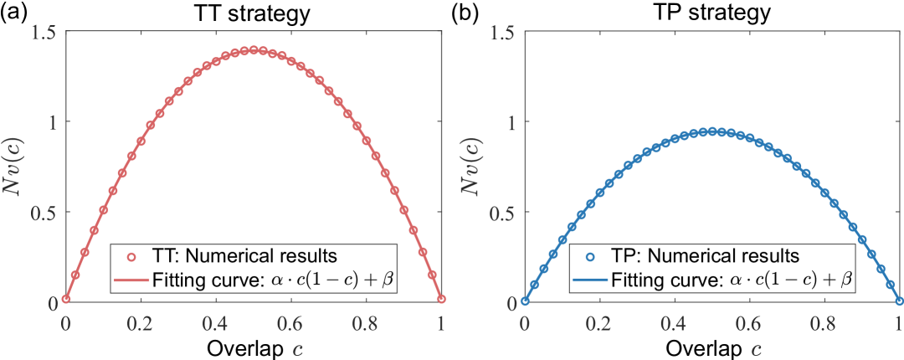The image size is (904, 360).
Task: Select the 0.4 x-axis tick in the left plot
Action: pyautogui.click(x=216, y=321)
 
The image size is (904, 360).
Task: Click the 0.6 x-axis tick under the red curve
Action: pyautogui.click(x=291, y=321)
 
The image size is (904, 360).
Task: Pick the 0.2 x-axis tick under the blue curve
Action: pyautogui.click(x=599, y=321)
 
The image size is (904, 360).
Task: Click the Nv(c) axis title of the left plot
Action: pyautogui.click(x=17, y=167)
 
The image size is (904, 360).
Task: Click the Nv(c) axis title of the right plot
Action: pyautogui.click(x=475, y=167)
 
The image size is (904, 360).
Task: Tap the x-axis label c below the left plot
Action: pyautogui.click(x=254, y=347)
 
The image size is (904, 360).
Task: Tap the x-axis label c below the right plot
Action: pyautogui.click(x=712, y=347)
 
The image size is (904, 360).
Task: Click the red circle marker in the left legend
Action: pyautogui.click(x=131, y=258)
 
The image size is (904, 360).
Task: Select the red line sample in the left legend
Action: pyautogui.click(x=131, y=280)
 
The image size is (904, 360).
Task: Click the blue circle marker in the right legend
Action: pyautogui.click(x=590, y=258)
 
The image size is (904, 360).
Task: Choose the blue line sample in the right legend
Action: pyautogui.click(x=590, y=280)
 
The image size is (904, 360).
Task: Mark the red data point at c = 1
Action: pyautogui.click(x=441, y=299)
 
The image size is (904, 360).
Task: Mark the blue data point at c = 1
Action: pyautogui.click(x=900, y=301)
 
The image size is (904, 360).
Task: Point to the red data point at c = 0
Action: pyautogui.click(x=66, y=299)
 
